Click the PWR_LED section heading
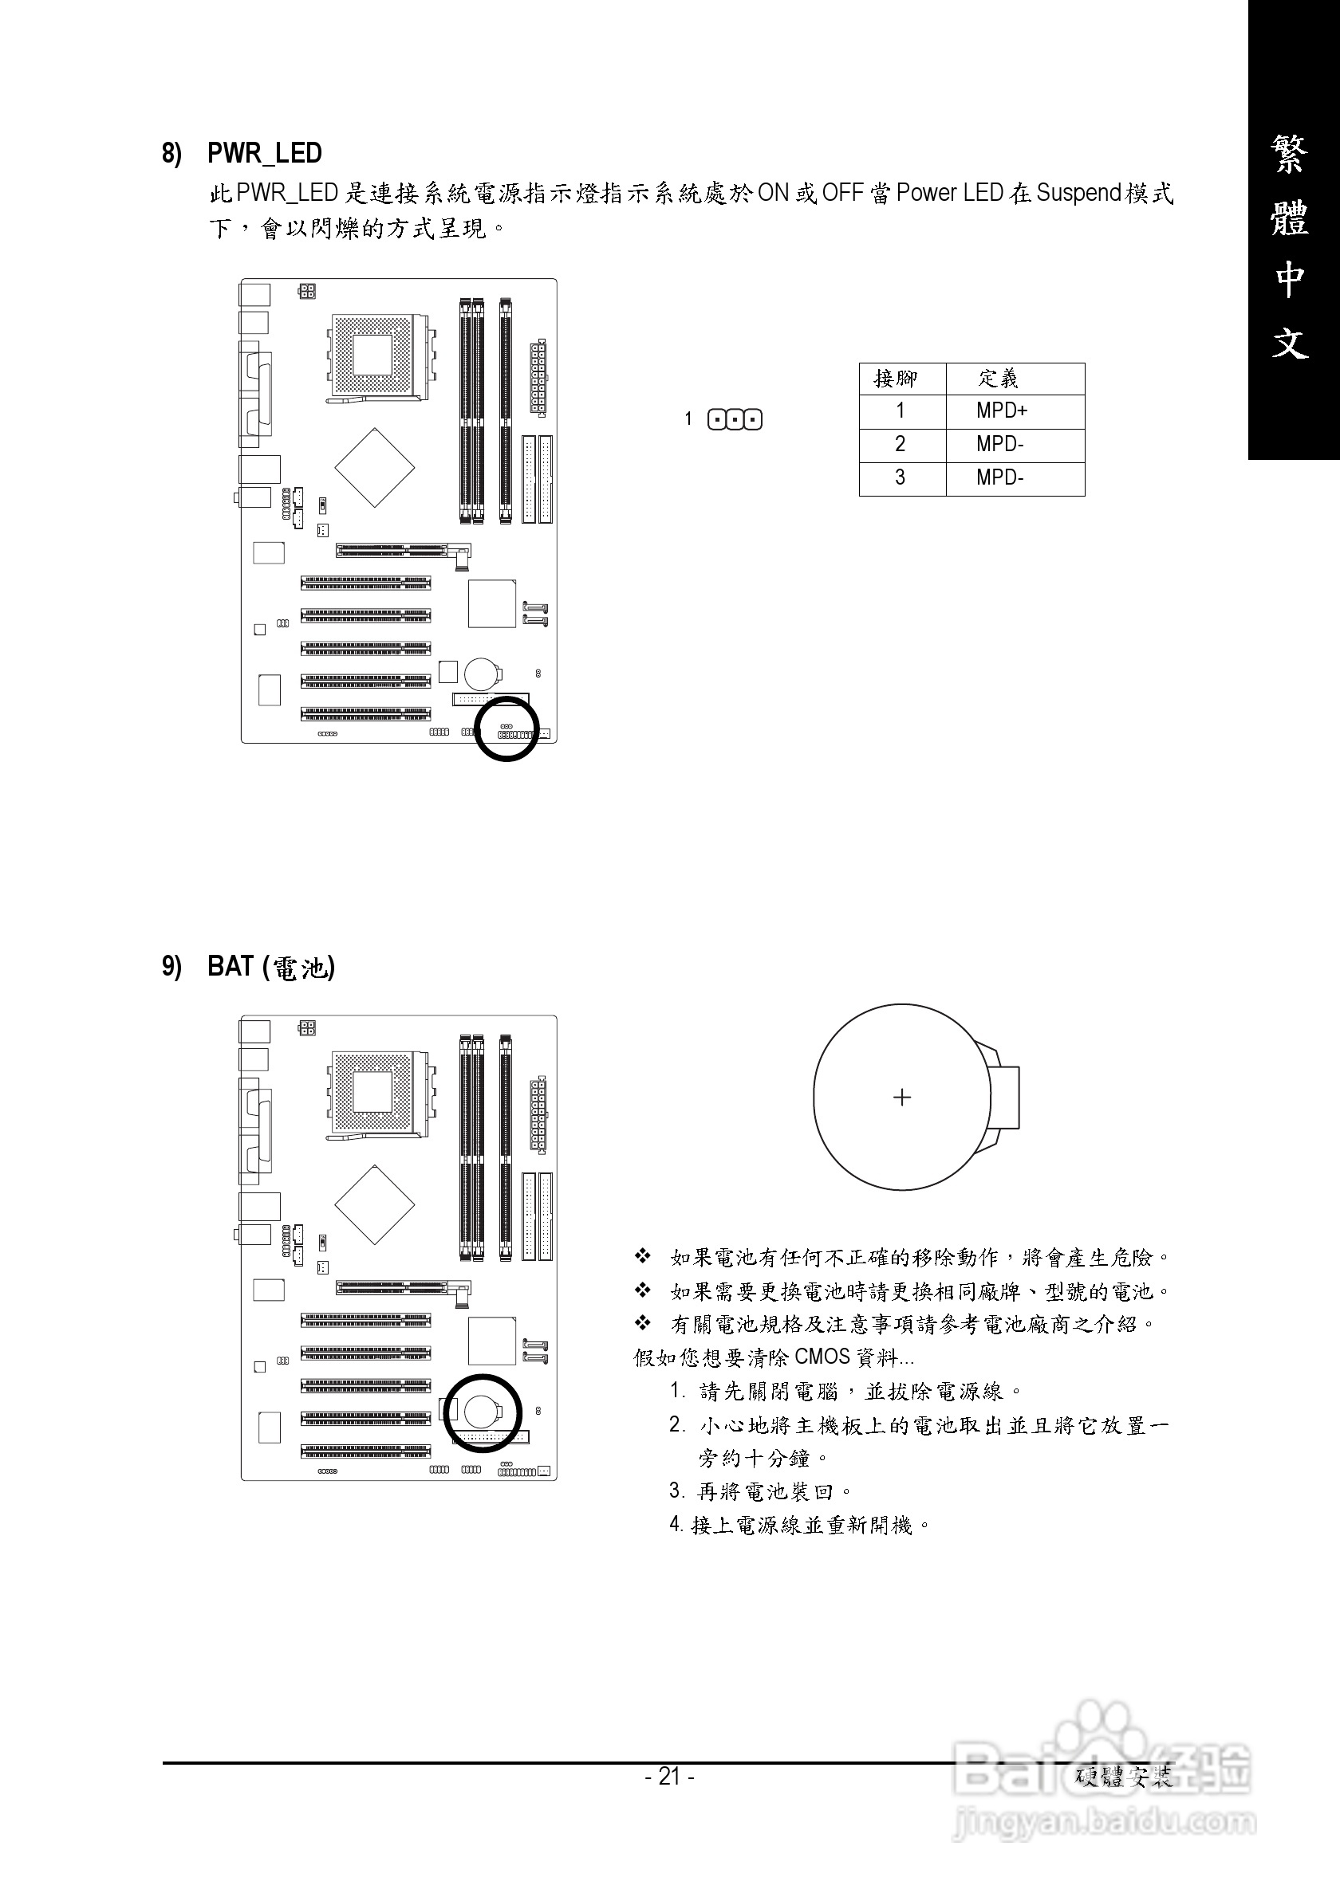(x=264, y=154)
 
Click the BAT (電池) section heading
(x=270, y=967)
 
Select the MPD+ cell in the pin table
(x=1001, y=410)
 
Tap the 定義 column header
(x=999, y=379)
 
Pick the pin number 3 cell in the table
(x=901, y=477)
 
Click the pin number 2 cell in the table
(x=901, y=445)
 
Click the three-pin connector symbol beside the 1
(x=735, y=420)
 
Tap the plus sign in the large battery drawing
(x=902, y=1098)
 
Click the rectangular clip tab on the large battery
(x=1004, y=1098)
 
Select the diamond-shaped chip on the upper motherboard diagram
(x=374, y=468)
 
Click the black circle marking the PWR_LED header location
(x=506, y=728)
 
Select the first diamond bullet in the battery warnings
(x=642, y=1258)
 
